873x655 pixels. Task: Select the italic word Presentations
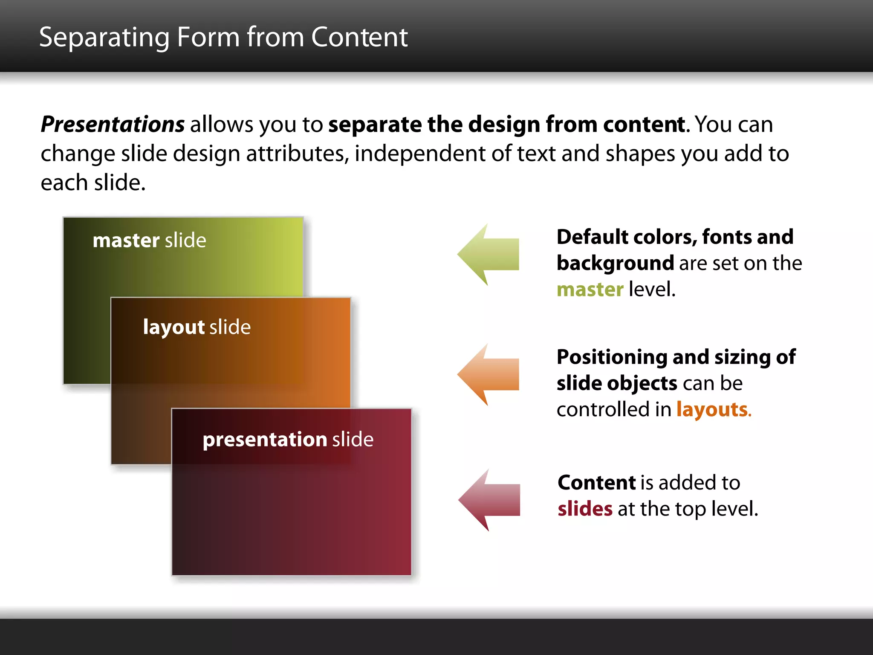click(113, 125)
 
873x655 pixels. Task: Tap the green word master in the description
click(590, 290)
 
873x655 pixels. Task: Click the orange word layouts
click(712, 409)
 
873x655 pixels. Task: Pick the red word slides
click(585, 509)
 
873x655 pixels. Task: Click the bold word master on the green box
click(126, 241)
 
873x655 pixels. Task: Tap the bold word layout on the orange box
click(173, 327)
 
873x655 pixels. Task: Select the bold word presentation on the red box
click(264, 440)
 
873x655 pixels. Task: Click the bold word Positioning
click(611, 357)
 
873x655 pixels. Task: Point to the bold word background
click(615, 263)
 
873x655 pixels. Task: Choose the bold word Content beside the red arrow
click(596, 483)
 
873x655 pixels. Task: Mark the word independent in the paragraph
click(420, 154)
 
